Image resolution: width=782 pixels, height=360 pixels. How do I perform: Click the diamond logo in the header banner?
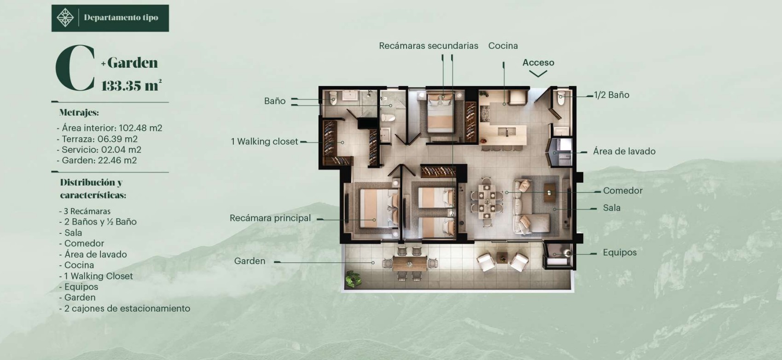point(65,18)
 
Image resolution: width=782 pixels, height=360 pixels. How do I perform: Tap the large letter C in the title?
point(75,68)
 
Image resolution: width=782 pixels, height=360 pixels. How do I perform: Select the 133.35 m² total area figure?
point(131,85)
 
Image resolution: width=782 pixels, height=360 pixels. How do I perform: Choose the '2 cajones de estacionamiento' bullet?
point(125,308)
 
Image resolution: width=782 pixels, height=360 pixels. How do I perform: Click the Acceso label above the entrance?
point(538,63)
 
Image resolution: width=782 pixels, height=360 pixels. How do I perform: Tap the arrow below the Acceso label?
point(538,74)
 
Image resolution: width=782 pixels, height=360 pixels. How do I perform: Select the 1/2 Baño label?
point(611,95)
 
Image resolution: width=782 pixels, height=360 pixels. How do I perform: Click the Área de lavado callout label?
point(624,151)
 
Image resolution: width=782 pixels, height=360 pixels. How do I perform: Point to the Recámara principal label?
point(270,218)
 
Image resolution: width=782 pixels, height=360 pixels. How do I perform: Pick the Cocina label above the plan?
point(503,46)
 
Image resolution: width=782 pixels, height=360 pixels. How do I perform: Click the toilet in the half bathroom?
point(561,98)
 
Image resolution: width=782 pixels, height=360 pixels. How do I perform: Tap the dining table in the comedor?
point(487,202)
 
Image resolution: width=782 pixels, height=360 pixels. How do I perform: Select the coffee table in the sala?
point(550,193)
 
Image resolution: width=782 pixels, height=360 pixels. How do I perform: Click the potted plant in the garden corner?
point(353,279)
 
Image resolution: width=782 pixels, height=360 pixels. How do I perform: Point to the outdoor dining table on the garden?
point(410,264)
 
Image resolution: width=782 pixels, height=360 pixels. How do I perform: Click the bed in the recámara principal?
point(379,209)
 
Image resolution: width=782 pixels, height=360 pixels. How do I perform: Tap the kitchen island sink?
point(507,132)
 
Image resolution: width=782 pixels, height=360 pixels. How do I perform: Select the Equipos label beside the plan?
point(620,252)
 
